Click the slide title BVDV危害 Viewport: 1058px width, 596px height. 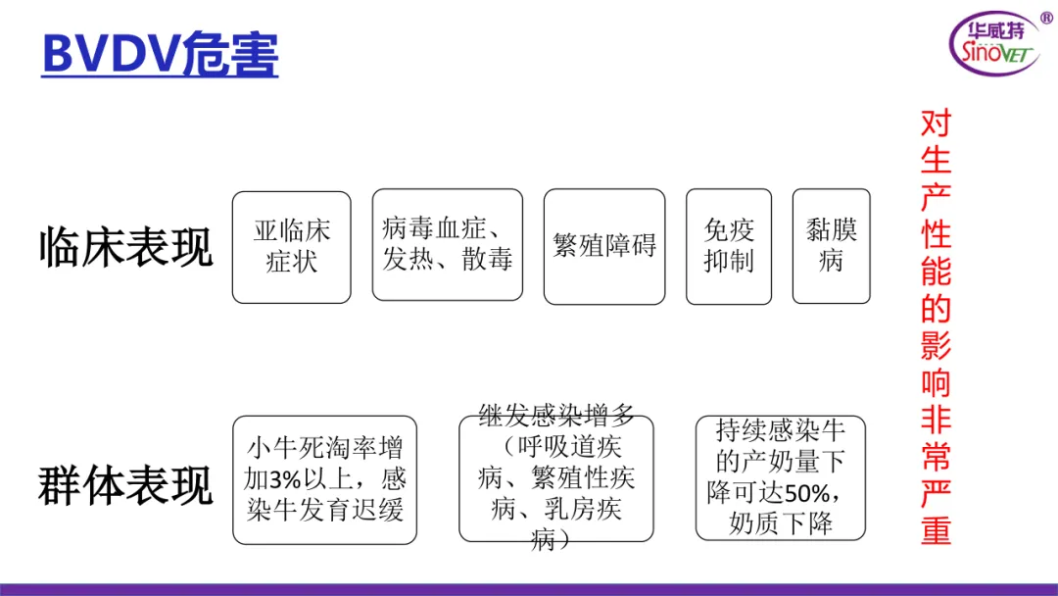coord(160,55)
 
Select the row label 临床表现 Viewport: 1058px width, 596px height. coord(125,247)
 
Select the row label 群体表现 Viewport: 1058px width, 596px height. coord(125,484)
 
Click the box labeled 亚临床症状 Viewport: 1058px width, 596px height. coord(291,246)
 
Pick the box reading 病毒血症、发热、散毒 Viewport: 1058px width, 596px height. coord(447,245)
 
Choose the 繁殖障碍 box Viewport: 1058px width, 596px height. coord(603,246)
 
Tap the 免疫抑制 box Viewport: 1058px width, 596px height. coord(729,246)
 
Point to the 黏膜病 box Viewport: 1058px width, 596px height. coord(831,246)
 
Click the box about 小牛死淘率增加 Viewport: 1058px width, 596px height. coord(324,480)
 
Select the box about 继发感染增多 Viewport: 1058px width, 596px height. coord(555,478)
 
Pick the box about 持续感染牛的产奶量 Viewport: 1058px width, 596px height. coord(780,477)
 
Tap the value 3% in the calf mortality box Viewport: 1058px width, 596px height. coord(285,480)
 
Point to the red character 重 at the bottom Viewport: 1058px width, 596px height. coord(936,529)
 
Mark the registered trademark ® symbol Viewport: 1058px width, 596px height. coord(1045,18)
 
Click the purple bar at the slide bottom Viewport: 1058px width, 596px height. coord(529,589)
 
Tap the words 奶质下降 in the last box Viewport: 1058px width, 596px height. coord(781,523)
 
